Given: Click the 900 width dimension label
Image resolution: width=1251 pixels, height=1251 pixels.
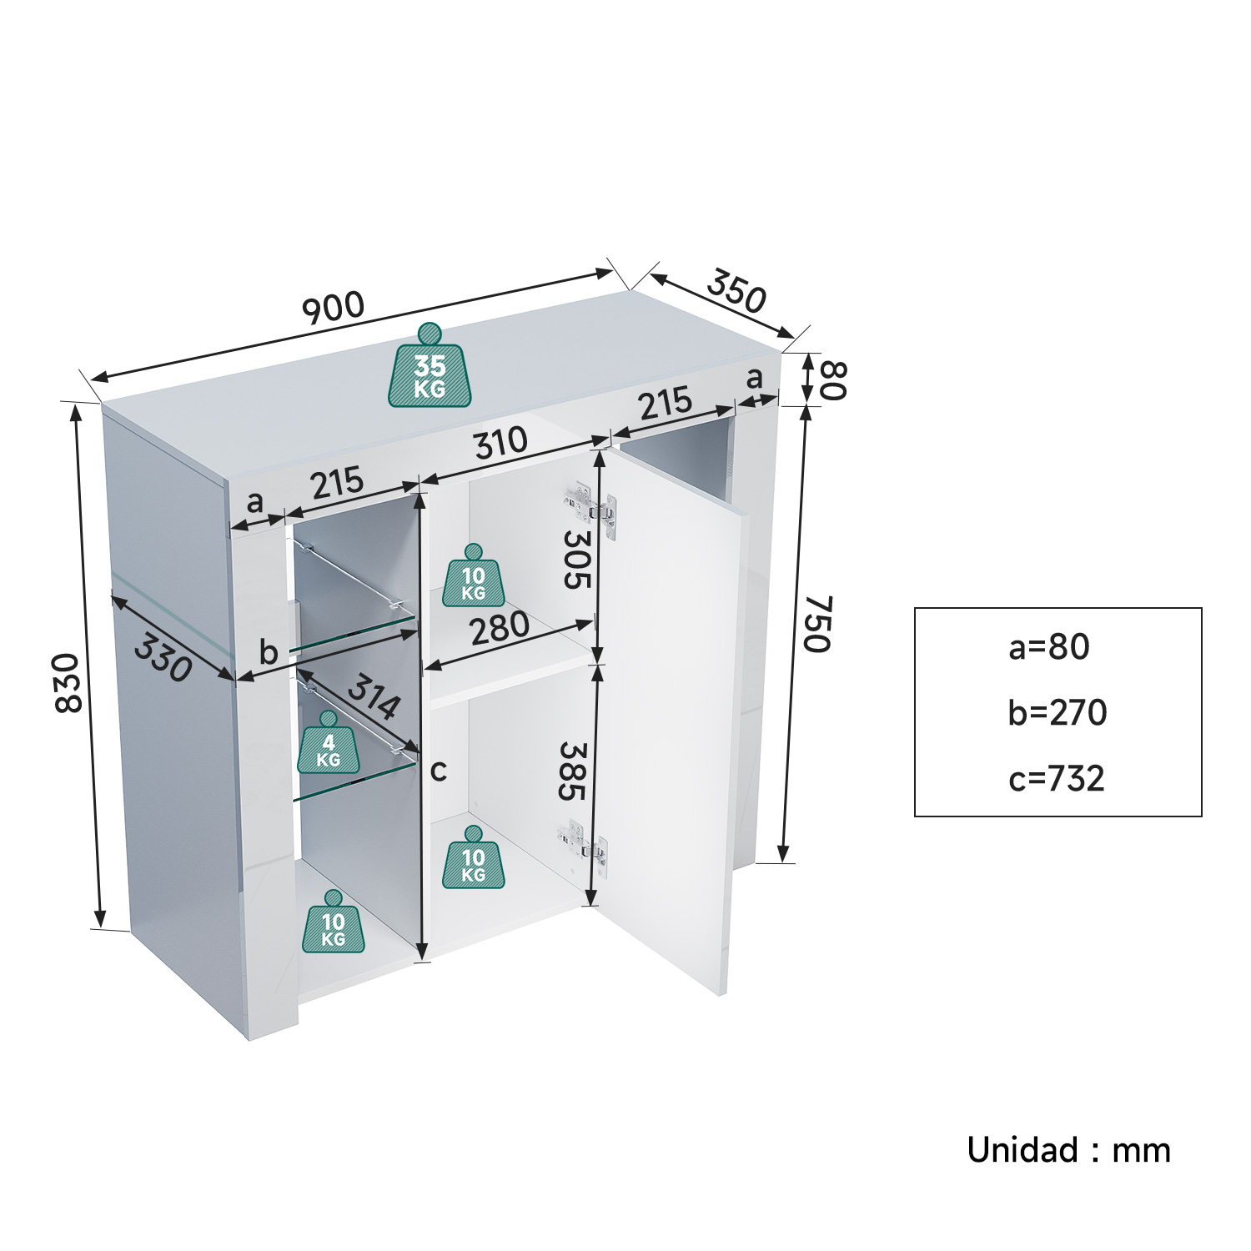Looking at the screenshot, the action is [x=333, y=308].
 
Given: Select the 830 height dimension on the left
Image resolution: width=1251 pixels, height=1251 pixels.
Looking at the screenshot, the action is [x=68, y=683].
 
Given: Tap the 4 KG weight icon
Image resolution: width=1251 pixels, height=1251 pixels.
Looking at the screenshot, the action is [x=329, y=742].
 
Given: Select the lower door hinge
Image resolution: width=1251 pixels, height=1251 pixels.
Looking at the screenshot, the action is [x=585, y=842].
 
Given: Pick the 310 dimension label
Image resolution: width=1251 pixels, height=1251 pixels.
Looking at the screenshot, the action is [x=501, y=444].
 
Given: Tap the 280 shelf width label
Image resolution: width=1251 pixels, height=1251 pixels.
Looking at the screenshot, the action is [x=500, y=629].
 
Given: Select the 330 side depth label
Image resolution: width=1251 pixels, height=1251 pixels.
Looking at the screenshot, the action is [x=163, y=657].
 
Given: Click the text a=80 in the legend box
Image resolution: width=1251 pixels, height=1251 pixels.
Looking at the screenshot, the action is [x=1049, y=647].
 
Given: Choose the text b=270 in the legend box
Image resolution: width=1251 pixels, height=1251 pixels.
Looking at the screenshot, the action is [x=1058, y=712].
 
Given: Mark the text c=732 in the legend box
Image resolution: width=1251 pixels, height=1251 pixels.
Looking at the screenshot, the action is [x=1057, y=778].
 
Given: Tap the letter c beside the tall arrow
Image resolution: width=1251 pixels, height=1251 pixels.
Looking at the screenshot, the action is [x=439, y=771].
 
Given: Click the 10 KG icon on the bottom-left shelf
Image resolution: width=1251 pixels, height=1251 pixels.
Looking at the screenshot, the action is [x=334, y=921].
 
